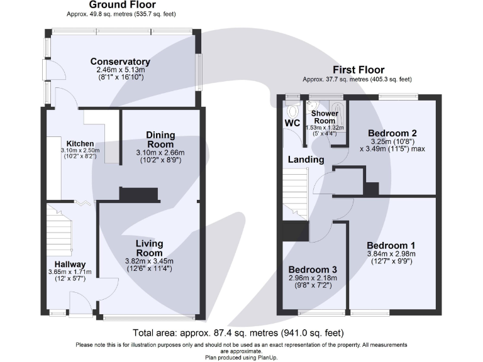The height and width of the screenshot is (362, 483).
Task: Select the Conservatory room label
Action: point(120,61)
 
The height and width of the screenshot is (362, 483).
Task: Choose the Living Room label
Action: point(150,248)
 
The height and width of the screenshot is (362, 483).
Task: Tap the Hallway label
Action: point(70,264)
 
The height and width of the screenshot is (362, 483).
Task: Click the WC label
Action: point(292,122)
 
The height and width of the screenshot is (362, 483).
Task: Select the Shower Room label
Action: point(325,118)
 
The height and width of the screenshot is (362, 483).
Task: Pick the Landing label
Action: point(306,160)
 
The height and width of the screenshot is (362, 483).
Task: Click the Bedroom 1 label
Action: point(391,244)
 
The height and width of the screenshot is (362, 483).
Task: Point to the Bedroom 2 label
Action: point(392,133)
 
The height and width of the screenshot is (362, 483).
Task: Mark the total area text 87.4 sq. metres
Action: point(239,332)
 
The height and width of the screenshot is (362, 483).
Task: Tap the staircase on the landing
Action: point(294,194)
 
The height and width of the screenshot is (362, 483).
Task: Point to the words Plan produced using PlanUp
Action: point(241,357)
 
